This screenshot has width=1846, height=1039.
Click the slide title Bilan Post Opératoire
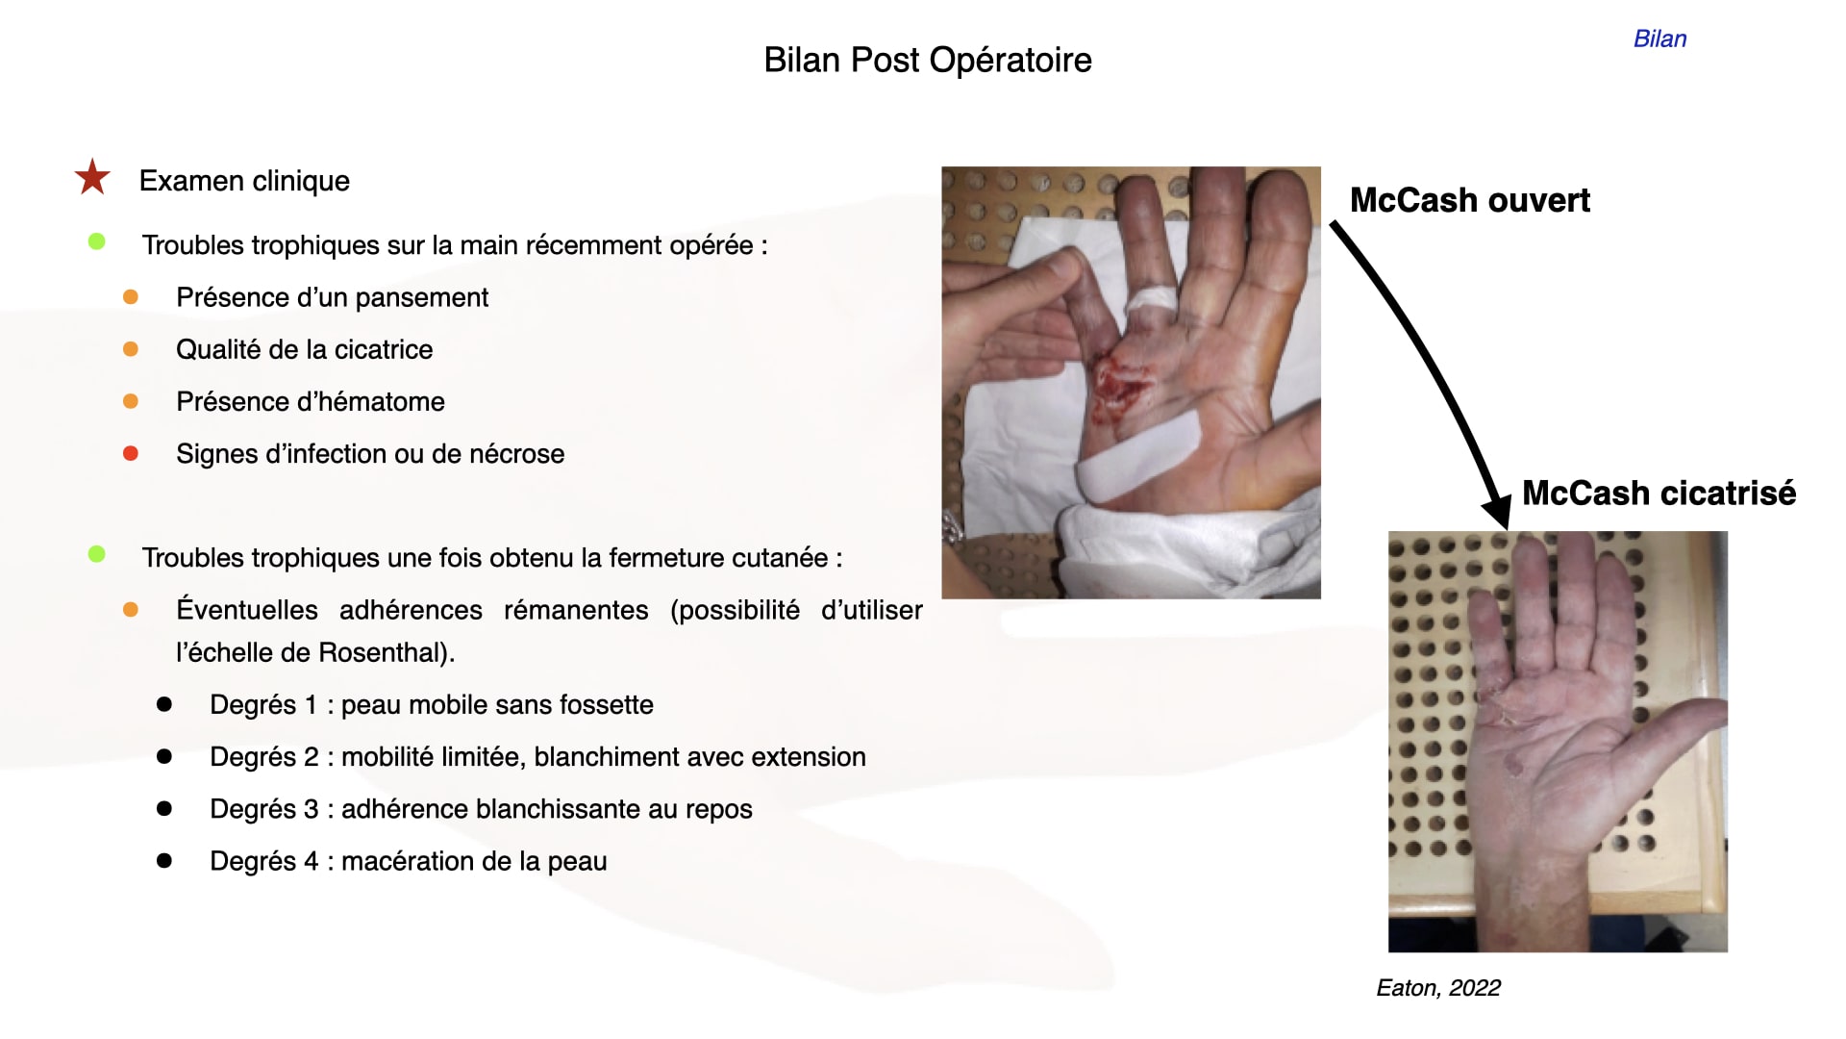point(928,61)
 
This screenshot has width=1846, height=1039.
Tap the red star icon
point(92,177)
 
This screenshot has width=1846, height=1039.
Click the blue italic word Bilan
point(1659,38)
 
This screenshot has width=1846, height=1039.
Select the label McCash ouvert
point(1470,200)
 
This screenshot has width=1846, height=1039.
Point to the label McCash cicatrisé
point(1659,493)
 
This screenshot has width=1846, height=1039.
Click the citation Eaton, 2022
point(1438,988)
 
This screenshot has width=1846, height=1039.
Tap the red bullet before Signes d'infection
point(131,453)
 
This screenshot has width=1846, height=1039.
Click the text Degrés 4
point(263,862)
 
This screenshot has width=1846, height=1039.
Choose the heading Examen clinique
point(244,181)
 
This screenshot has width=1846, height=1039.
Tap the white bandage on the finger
point(1150,299)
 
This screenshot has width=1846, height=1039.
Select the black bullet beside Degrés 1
point(164,704)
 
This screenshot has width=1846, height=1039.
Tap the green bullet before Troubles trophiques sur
point(97,241)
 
